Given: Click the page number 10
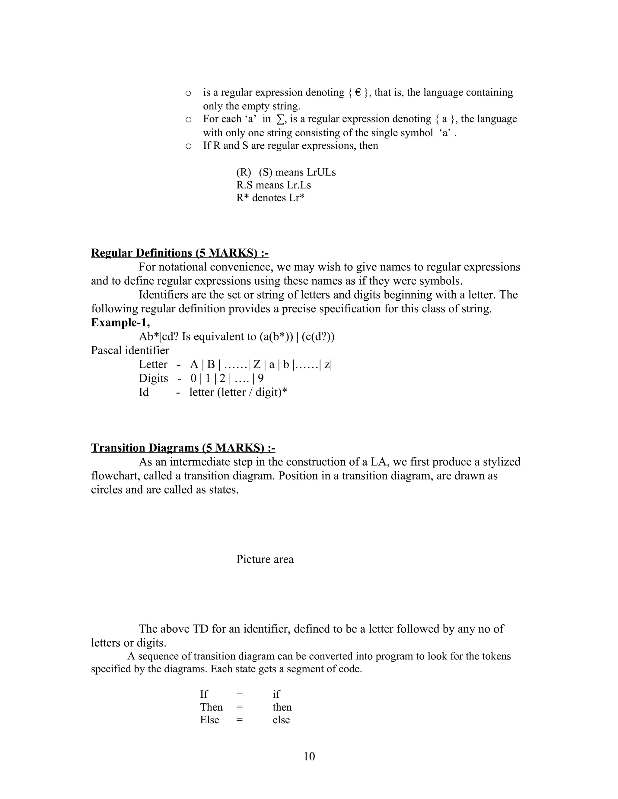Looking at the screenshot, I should [x=309, y=756].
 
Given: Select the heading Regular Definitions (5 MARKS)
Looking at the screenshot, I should [x=180, y=253].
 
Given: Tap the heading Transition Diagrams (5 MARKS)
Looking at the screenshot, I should [x=183, y=448].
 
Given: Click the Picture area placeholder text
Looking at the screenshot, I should [x=265, y=559].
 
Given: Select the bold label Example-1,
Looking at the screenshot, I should [x=120, y=323].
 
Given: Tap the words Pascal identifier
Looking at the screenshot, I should [x=130, y=350].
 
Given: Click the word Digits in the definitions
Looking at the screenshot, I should [x=153, y=378].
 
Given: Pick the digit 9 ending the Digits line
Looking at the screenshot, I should [x=261, y=378].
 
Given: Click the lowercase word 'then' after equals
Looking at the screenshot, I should [x=282, y=707].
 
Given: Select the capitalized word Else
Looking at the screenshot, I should [x=209, y=720].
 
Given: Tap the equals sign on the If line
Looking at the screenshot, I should [x=239, y=694].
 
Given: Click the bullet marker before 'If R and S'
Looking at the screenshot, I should [x=188, y=146].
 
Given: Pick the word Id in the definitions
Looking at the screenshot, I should [x=144, y=392].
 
